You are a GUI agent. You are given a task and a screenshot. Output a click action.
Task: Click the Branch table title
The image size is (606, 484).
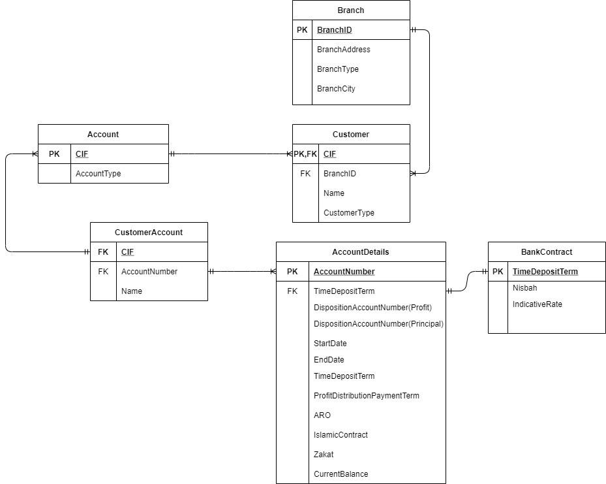351,10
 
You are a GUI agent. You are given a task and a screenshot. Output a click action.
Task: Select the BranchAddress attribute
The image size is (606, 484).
343,50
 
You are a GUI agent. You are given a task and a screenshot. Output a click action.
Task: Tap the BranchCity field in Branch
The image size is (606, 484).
336,89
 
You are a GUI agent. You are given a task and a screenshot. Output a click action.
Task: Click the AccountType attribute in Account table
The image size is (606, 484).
98,174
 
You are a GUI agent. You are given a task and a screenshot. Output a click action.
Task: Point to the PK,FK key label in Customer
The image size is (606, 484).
305,154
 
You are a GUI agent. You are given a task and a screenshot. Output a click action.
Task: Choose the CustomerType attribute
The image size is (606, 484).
349,213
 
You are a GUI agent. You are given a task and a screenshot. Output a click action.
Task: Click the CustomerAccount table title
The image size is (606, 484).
149,233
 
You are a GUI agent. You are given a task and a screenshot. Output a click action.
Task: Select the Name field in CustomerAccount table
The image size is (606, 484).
131,291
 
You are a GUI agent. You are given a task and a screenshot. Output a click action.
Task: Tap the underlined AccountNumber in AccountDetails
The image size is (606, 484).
344,272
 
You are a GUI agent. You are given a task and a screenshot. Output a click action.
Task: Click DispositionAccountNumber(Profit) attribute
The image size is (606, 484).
372,308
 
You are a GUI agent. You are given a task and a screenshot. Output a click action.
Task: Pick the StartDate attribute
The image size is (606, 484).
330,344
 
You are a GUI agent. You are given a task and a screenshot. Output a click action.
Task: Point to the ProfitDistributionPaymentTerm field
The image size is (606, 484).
366,396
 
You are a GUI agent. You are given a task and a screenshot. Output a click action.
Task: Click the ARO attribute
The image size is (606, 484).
322,415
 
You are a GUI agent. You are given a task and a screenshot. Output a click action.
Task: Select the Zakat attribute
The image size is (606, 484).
324,455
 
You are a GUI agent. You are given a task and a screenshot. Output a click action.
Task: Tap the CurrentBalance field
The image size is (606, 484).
341,474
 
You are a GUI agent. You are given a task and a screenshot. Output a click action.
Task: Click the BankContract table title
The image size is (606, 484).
547,252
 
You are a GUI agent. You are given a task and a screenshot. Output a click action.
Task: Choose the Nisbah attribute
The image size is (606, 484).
524,288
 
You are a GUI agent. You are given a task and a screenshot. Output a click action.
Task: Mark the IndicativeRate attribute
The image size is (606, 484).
537,304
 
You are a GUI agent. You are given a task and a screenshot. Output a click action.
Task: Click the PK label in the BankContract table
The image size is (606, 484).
498,272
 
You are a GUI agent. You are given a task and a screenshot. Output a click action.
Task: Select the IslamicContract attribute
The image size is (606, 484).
341,435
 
